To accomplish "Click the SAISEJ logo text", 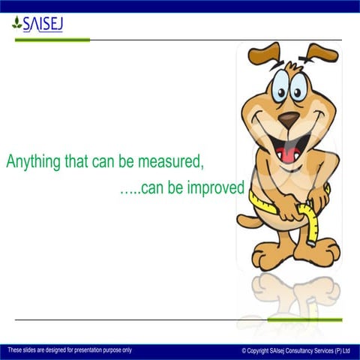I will tap(43, 25).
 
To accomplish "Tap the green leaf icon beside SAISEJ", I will tap(16, 25).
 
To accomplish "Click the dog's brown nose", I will tap(288, 119).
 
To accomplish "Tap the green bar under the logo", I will tap(52, 40).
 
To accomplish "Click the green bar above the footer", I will tap(304, 319).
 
